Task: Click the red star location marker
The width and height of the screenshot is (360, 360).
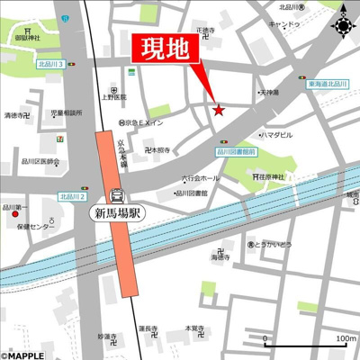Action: [217, 110]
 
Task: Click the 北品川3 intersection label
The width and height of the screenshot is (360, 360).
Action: [49, 66]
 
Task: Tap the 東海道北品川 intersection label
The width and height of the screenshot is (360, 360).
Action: [329, 84]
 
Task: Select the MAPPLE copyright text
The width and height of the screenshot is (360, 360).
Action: [26, 353]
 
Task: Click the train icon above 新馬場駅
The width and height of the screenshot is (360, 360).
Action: [116, 194]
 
